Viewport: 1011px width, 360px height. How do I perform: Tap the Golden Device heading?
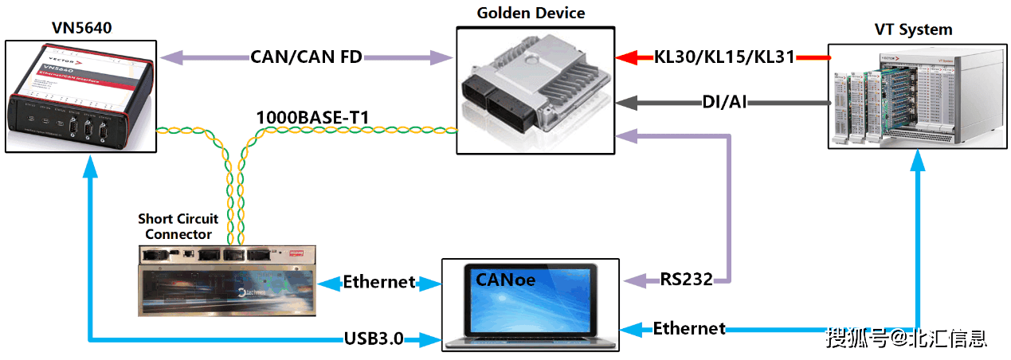click(x=531, y=13)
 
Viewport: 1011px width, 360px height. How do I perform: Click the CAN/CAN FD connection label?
click(x=306, y=57)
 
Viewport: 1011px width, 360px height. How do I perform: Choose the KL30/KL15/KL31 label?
click(x=724, y=57)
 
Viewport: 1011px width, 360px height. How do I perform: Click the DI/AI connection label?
click(x=723, y=102)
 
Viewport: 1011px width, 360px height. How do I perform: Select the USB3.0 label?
click(x=373, y=339)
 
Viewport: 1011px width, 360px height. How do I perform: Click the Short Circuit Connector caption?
click(x=178, y=226)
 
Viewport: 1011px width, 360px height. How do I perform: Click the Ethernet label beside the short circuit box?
click(x=379, y=281)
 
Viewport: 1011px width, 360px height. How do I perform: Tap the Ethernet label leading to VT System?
click(x=689, y=328)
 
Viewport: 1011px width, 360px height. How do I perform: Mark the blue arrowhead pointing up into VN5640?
click(x=92, y=163)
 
